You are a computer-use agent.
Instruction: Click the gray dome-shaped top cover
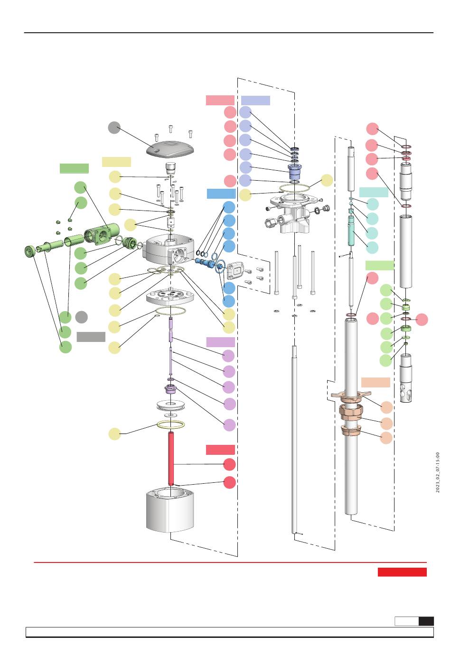pyautogui.click(x=169, y=149)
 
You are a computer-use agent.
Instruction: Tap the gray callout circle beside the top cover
pyautogui.click(x=114, y=127)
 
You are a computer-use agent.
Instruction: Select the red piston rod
pyautogui.click(x=171, y=459)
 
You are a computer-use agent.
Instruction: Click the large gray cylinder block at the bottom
pyautogui.click(x=170, y=510)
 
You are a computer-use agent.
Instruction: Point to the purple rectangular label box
pyautogui.click(x=220, y=342)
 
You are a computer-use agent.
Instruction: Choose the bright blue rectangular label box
pyautogui.click(x=221, y=193)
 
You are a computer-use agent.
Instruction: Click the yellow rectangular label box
pyautogui.click(x=116, y=162)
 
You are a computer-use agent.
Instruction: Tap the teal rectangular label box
pyautogui.click(x=374, y=192)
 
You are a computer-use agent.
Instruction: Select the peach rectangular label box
pyautogui.click(x=376, y=382)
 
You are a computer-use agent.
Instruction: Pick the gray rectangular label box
pyautogui.click(x=91, y=337)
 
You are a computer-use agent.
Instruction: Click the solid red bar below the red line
pyautogui.click(x=402, y=572)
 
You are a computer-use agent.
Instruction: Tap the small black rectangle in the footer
pyautogui.click(x=426, y=621)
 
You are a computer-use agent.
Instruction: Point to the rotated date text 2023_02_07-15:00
pyautogui.click(x=437, y=472)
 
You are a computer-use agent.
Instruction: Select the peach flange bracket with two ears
pyautogui.click(x=351, y=395)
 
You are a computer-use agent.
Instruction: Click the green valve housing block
pyautogui.click(x=102, y=233)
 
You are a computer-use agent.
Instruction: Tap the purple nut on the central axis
pyautogui.click(x=170, y=389)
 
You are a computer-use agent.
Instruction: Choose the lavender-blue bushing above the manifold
pyautogui.click(x=294, y=171)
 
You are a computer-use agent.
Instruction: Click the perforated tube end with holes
pyautogui.click(x=406, y=378)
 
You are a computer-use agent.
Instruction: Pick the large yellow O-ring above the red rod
pyautogui.click(x=170, y=424)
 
